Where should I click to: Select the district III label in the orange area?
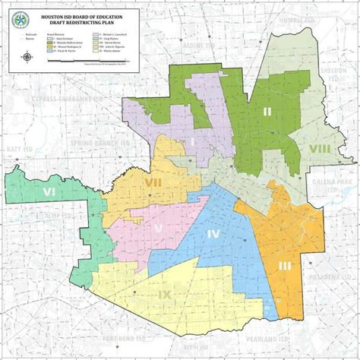(285, 265)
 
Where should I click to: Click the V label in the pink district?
(159, 229)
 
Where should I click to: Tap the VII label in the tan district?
(153, 182)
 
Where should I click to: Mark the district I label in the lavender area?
(192, 141)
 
